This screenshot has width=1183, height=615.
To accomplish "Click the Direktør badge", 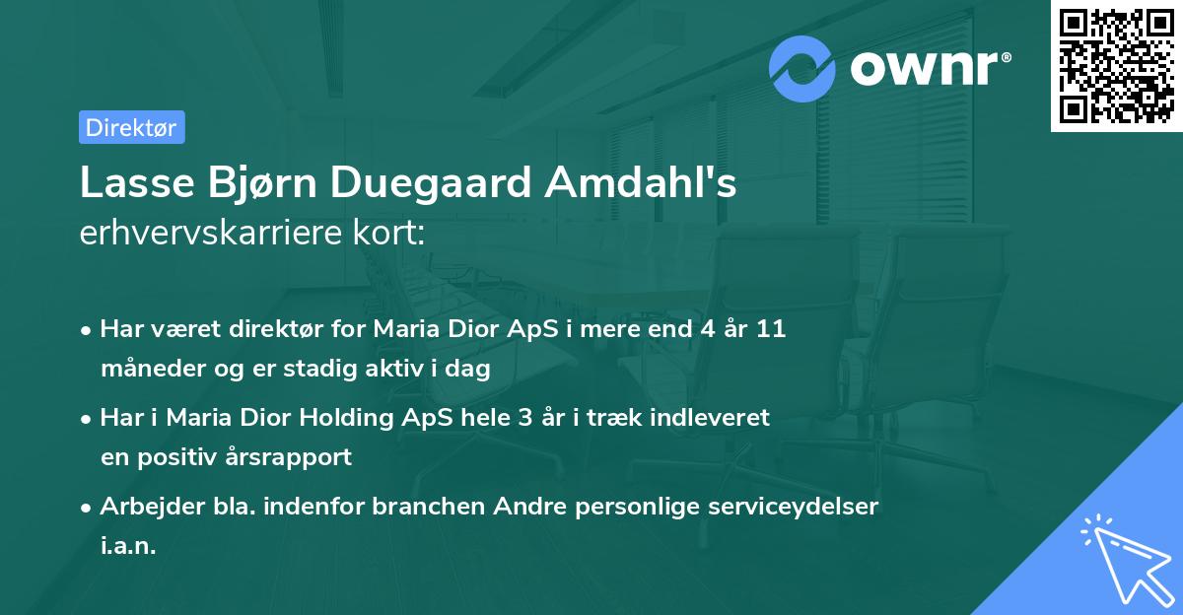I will click(x=131, y=127).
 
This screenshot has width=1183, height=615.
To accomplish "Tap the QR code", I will click(x=1116, y=66).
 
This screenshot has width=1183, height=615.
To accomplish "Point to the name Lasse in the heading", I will click(x=127, y=183).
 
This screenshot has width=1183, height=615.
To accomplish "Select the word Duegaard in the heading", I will click(x=430, y=183).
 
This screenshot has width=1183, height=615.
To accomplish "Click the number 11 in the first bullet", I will click(x=771, y=329).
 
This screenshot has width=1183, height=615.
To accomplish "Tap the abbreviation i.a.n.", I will click(x=128, y=546).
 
